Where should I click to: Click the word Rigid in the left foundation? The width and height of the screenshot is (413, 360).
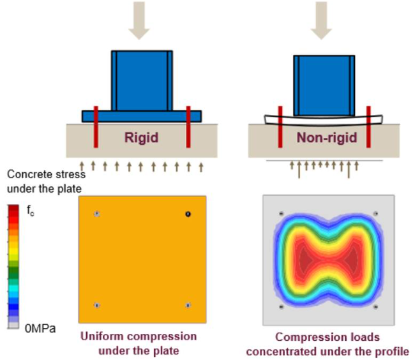tap(141, 137)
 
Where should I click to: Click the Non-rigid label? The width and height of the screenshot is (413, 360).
tap(327, 137)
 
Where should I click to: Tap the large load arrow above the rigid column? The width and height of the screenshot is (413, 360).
tap(139, 20)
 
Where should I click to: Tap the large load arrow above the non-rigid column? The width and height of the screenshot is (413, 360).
tap(321, 20)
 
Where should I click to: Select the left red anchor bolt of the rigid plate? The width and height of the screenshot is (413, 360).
tap(96, 126)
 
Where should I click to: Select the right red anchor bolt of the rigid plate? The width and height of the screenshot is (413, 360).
tap(188, 126)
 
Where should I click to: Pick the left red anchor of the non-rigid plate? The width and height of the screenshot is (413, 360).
tap(280, 126)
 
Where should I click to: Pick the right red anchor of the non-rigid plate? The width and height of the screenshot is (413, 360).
tap(368, 126)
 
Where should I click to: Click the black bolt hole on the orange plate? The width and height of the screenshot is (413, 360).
tap(188, 214)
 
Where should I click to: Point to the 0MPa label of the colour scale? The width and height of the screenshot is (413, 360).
tap(40, 328)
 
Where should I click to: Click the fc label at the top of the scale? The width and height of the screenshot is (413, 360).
tap(31, 211)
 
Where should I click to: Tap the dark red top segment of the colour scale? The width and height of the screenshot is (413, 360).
tap(13, 208)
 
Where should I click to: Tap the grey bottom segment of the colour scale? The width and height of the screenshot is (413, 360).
tap(13, 326)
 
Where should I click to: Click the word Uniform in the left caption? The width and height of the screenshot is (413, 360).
tap(102, 336)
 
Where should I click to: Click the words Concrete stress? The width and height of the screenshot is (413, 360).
tap(47, 174)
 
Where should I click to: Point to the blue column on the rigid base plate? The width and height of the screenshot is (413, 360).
tap(142, 80)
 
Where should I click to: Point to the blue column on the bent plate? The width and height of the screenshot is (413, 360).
tap(324, 86)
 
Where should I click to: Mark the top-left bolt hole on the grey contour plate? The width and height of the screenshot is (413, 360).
tap(282, 214)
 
